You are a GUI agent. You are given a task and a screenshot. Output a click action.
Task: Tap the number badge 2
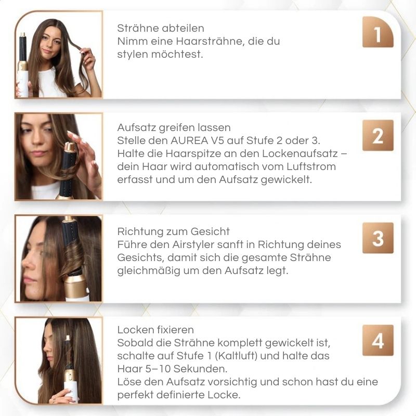click(x=378, y=136)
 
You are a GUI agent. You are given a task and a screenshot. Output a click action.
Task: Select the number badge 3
click(x=378, y=238)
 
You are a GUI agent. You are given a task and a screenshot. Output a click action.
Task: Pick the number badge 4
click(x=378, y=341)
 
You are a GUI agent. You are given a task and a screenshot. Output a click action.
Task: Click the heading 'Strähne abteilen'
click(x=161, y=28)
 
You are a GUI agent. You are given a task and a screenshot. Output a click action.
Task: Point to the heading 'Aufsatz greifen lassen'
click(x=174, y=127)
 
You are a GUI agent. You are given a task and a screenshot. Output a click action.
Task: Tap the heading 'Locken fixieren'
click(x=155, y=330)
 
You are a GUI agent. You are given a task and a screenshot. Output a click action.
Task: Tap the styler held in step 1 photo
click(x=23, y=65)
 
